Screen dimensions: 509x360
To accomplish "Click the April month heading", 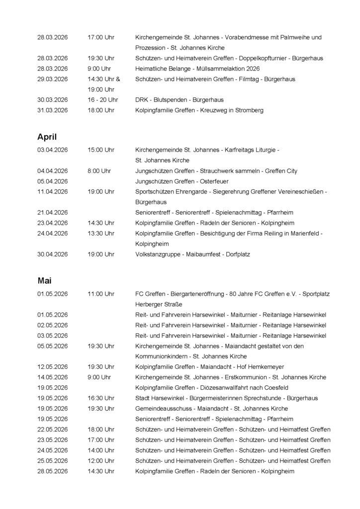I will coord(48,136).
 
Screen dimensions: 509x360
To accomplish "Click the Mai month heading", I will coord(44,280).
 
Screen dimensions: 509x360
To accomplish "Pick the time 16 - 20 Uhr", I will coord(102,100).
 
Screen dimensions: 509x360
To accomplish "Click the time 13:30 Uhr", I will coord(101,233).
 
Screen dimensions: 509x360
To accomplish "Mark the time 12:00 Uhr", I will coord(101,460).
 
